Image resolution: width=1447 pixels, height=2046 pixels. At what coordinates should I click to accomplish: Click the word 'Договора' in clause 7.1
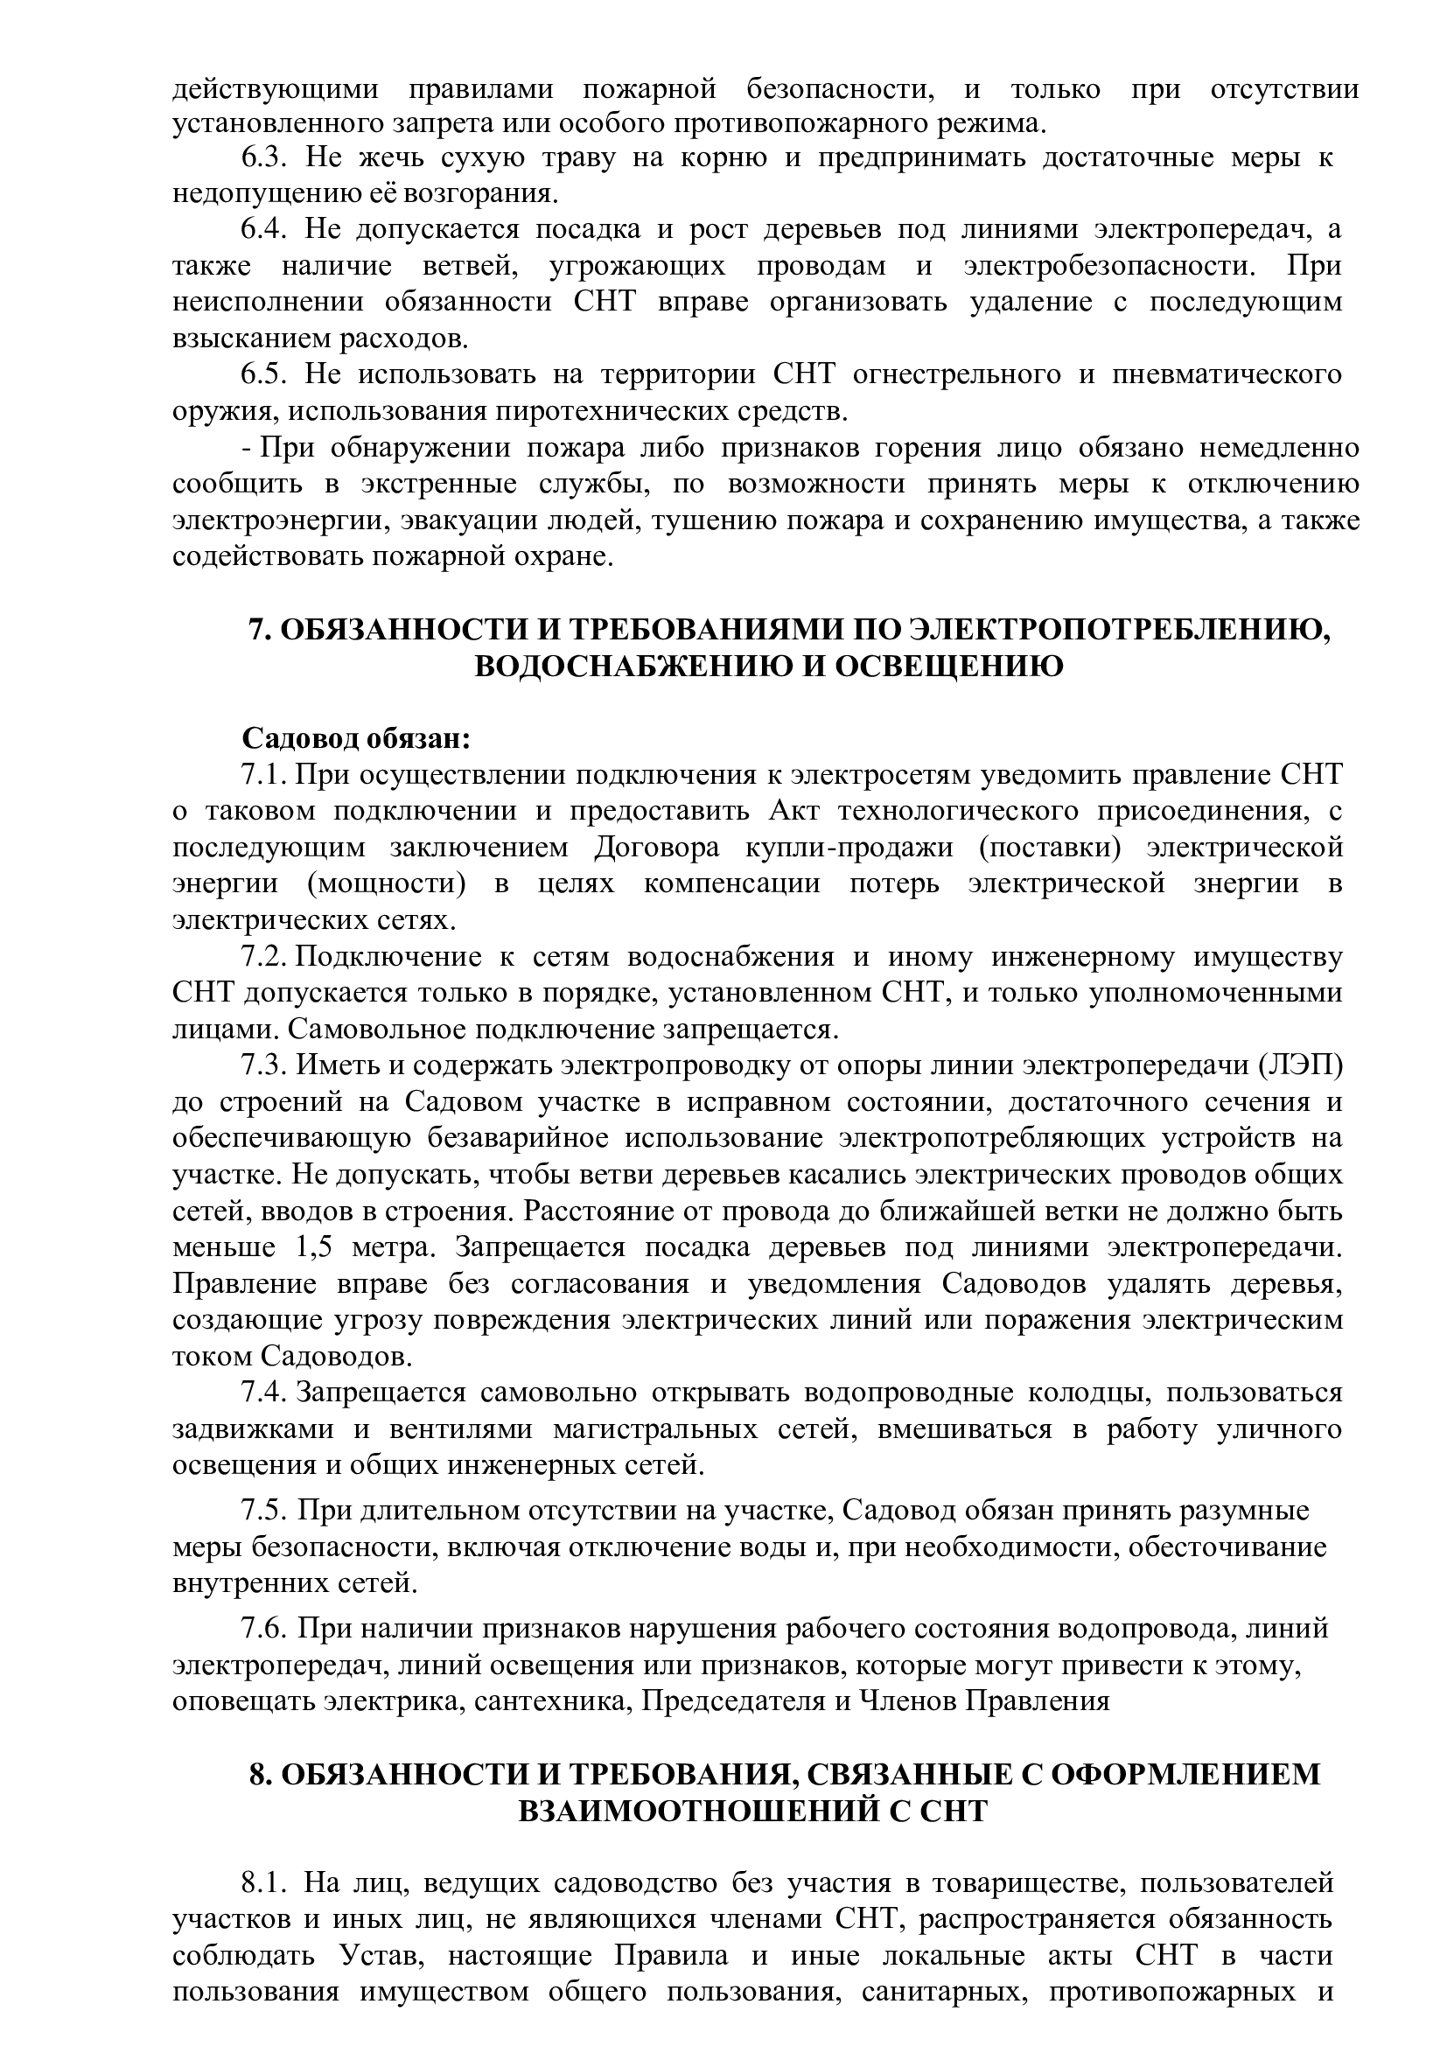656,848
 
